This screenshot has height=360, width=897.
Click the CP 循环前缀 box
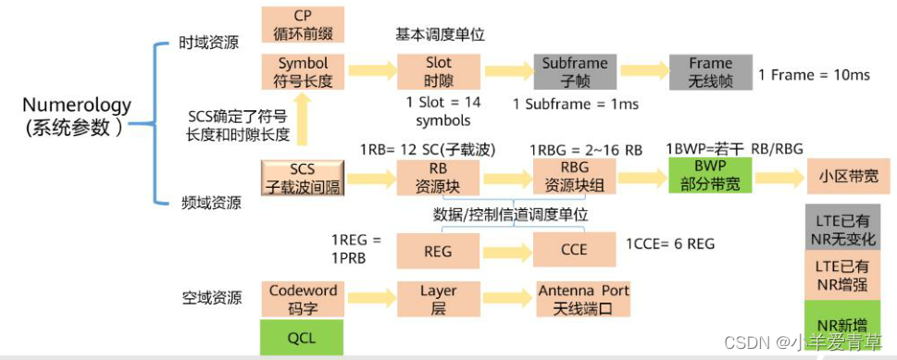[303, 25]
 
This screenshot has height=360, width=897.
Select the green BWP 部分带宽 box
[710, 176]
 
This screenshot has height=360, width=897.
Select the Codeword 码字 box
[303, 298]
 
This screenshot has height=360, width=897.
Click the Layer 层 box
[439, 299]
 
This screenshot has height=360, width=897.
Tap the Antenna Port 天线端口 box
[583, 299]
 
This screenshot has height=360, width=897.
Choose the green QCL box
[302, 337]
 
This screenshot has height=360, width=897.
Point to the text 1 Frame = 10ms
[814, 75]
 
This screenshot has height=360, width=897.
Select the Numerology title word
[77, 105]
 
